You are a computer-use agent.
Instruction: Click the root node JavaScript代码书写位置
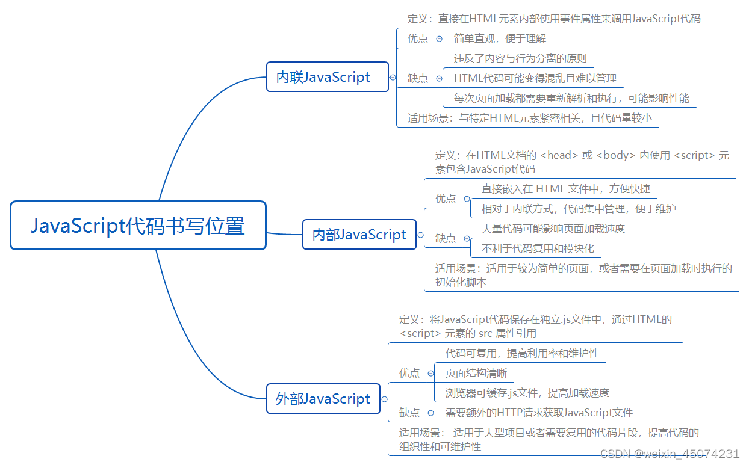coord(138,226)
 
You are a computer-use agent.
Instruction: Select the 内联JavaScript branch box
coord(328,77)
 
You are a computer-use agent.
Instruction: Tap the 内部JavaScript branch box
coord(359,235)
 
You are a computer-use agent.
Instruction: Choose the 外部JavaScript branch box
coord(323,399)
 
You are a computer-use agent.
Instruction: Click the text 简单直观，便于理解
coord(500,38)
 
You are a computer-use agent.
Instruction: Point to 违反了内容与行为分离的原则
coord(520,58)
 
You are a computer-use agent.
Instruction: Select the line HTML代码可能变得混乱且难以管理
coord(535,78)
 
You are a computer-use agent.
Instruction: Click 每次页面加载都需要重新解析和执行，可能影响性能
coord(571,98)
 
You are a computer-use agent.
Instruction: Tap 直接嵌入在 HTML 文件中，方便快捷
coord(565,189)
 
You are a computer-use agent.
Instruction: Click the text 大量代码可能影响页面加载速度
coord(553,229)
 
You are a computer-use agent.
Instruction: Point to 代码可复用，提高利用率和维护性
coord(522,353)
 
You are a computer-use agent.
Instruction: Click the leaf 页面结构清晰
coord(476,373)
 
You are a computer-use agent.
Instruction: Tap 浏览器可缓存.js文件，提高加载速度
coord(527,393)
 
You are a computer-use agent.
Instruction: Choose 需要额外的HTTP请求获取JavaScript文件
coord(539,413)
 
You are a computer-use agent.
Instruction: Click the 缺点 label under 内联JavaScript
coord(418,78)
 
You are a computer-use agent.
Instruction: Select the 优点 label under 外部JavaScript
coord(409,373)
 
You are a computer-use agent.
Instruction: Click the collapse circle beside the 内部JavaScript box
coord(421,235)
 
